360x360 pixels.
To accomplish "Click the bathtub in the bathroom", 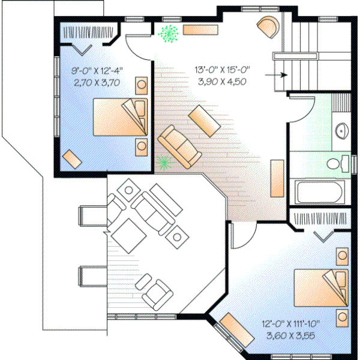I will tap(320, 193).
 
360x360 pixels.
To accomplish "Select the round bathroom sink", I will tap(341, 130).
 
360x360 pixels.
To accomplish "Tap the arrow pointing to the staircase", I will tap(277, 74).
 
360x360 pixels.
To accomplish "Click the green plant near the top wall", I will tap(169, 34).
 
